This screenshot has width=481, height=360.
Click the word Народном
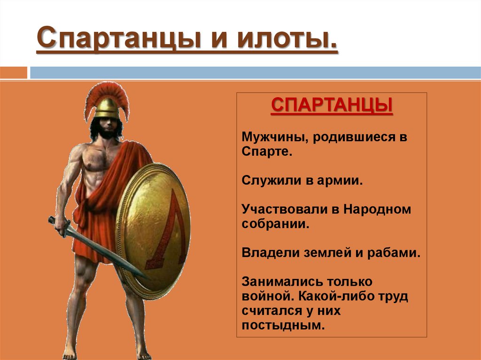click(x=377, y=209)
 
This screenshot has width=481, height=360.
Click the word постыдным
click(x=284, y=325)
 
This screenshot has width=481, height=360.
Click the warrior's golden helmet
click(x=107, y=107)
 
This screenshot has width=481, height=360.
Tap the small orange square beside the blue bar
click(x=14, y=73)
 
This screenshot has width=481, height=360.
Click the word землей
click(x=319, y=253)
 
